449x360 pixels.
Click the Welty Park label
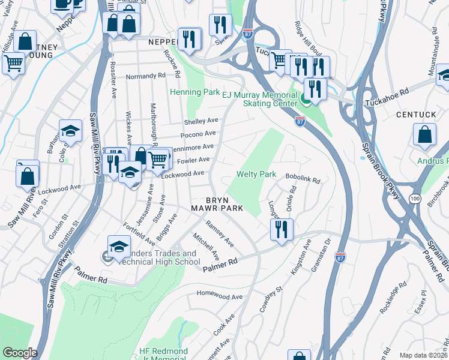pos(256,175)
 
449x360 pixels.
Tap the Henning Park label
pos(194,92)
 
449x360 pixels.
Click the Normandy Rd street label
pos(145,77)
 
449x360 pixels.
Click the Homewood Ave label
pos(220,296)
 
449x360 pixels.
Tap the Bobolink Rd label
pos(303,179)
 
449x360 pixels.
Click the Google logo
pos(19,353)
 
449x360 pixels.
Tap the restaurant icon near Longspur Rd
pos(281,229)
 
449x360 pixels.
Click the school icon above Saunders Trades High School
pos(119,246)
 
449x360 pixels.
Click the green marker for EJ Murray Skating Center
pos(306,100)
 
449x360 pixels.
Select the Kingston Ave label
pos(300,257)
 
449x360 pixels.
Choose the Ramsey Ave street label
pos(220,233)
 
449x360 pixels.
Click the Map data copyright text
pos(423,355)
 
